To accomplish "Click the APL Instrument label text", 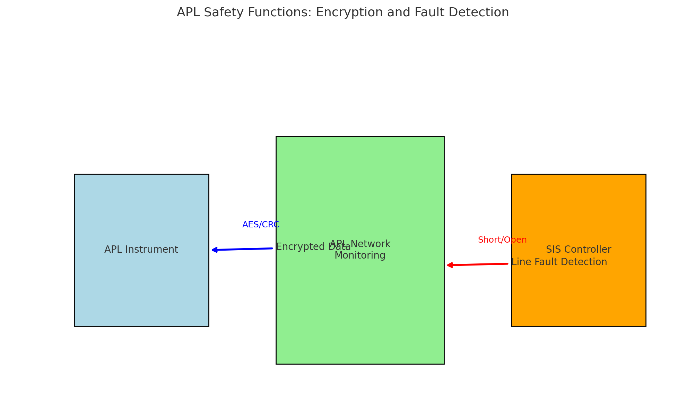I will tap(141, 250).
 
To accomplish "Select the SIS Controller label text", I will tap(578, 250).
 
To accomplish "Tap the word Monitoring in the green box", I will tap(360, 256).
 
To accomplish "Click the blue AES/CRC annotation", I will tap(261, 225).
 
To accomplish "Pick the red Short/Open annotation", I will tap(502, 240).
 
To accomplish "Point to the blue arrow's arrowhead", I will tap(214, 250).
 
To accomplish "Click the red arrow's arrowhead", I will tap(450, 265).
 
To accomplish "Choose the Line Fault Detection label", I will tap(559, 262).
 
